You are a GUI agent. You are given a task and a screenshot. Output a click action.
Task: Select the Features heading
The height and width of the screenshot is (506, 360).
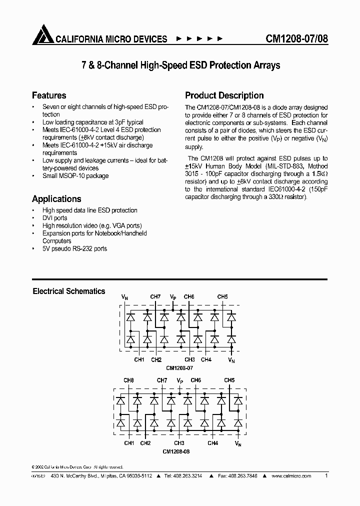(x=49, y=95)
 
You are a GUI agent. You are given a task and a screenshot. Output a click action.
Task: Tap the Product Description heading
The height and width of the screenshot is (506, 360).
(x=224, y=95)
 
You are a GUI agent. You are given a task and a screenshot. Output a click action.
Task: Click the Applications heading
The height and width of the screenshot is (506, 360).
(x=56, y=198)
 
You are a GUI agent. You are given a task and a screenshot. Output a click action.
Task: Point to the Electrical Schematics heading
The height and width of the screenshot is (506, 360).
(x=69, y=291)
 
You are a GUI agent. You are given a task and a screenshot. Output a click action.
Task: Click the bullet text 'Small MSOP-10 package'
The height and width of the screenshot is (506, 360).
(x=75, y=176)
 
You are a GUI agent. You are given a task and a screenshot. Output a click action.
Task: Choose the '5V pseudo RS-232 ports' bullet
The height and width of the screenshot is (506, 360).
(x=74, y=248)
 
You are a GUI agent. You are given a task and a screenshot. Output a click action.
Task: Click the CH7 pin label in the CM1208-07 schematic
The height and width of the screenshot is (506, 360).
(x=155, y=297)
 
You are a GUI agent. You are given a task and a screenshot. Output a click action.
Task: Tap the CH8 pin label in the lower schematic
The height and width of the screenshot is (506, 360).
(x=128, y=380)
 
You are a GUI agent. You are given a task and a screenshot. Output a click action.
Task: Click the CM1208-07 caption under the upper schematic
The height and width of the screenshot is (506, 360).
(x=179, y=367)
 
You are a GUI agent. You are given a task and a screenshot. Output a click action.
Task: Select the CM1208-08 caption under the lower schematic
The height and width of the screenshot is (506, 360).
(x=176, y=451)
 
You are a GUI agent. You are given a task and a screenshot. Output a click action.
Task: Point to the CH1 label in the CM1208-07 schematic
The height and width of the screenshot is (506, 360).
(x=139, y=359)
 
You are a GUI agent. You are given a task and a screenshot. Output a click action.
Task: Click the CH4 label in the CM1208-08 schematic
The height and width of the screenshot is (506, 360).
(x=212, y=443)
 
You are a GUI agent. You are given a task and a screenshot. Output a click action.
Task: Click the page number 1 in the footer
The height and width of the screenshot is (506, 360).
(x=326, y=476)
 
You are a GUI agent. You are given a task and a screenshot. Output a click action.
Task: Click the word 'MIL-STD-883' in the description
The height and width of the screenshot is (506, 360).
(x=287, y=165)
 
